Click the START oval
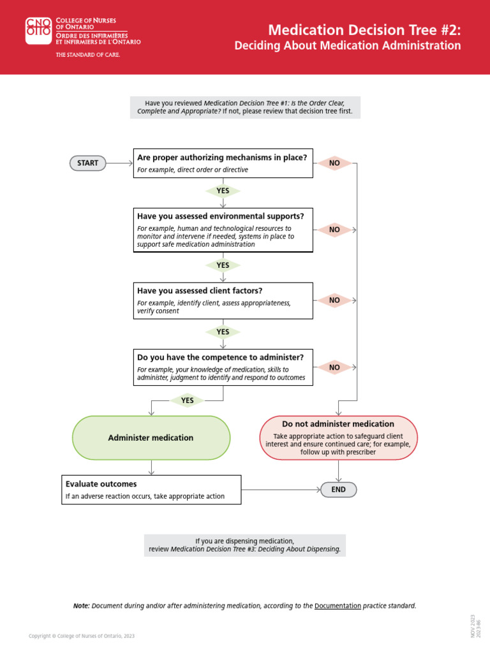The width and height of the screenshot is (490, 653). (x=87, y=163)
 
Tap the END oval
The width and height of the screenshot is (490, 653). (x=338, y=490)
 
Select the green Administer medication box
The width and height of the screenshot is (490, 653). (x=151, y=438)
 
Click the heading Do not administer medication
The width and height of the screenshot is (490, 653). (x=338, y=424)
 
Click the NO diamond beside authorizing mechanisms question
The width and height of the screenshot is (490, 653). (x=334, y=163)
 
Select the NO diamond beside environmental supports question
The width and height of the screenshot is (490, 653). (x=334, y=230)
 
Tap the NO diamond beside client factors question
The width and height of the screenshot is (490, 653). (x=334, y=300)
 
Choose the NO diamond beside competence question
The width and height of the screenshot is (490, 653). (x=334, y=368)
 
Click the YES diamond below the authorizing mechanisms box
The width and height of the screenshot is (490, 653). (x=223, y=191)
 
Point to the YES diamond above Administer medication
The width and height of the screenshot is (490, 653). (x=187, y=400)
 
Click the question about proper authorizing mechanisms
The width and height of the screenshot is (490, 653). (x=222, y=158)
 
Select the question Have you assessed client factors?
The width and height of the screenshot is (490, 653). (x=200, y=291)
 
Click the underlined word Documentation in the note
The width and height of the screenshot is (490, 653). (x=338, y=606)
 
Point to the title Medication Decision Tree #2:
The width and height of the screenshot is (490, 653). (x=364, y=30)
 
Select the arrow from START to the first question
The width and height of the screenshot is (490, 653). (x=120, y=163)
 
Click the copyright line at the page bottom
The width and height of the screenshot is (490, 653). (x=82, y=636)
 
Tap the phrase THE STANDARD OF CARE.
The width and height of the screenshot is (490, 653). (x=88, y=55)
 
